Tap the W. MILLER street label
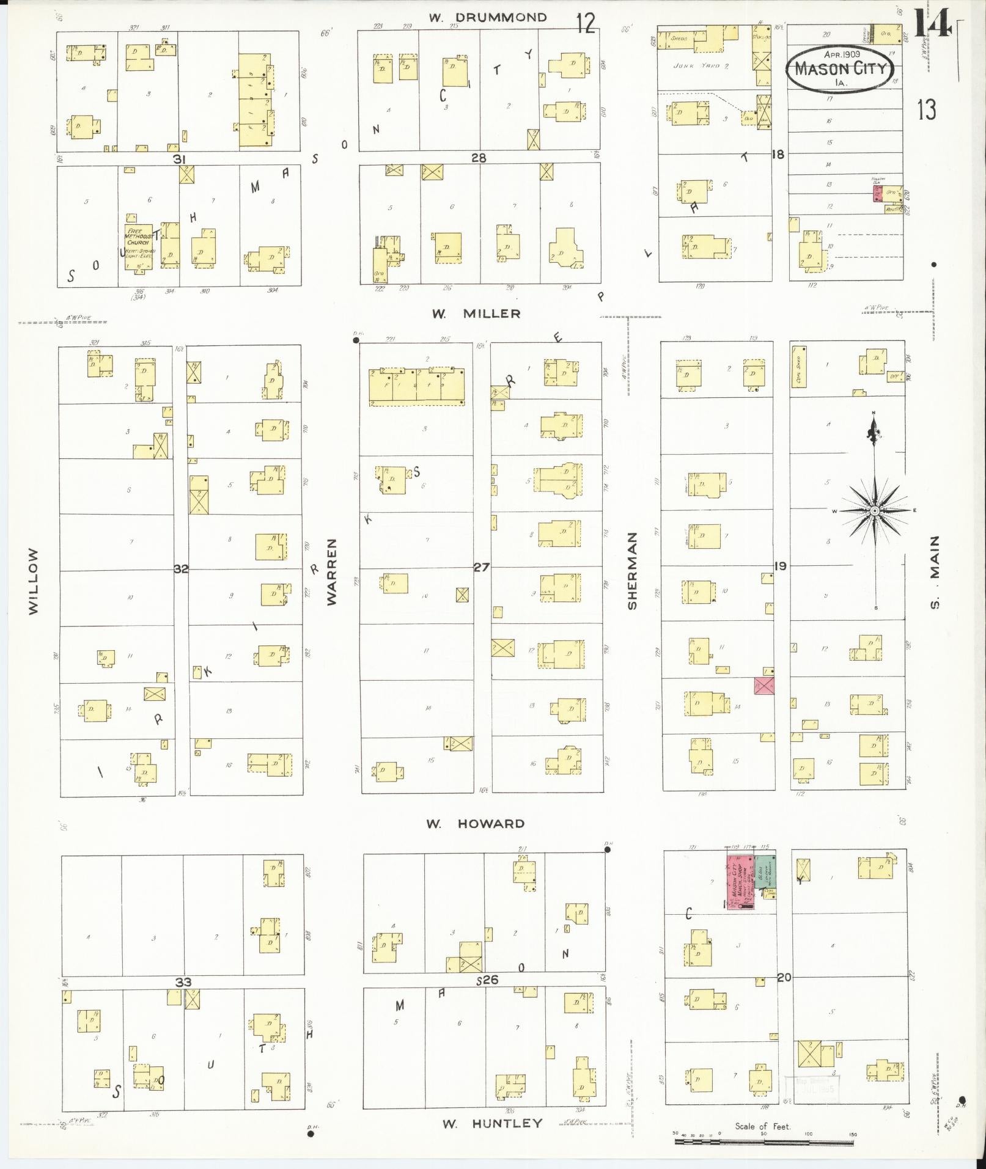[476, 313]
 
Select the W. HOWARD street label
[476, 823]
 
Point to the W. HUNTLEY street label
[492, 1123]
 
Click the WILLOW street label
[33, 581]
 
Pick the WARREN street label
[332, 571]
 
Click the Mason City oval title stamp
[841, 68]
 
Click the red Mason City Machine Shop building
[739, 884]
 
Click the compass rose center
[875, 510]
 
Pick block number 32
[181, 568]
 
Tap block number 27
[482, 567]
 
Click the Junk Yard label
[696, 65]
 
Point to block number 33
[183, 983]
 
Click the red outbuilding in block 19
[764, 686]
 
